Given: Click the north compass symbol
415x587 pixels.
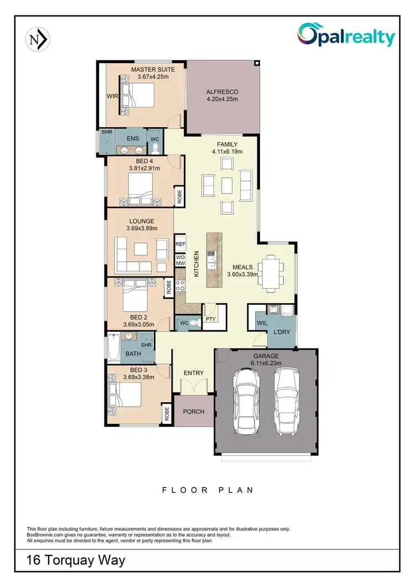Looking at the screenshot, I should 38,39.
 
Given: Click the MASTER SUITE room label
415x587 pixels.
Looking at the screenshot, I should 153,70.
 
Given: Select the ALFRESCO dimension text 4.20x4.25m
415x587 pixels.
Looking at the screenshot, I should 221,100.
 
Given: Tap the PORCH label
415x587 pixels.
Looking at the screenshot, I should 193,412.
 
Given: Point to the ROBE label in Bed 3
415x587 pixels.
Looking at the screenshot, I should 166,414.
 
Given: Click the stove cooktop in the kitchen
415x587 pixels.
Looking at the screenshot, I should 180,285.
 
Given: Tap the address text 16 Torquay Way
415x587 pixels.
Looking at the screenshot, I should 76,560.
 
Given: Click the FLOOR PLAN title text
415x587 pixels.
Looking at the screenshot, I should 207,490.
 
